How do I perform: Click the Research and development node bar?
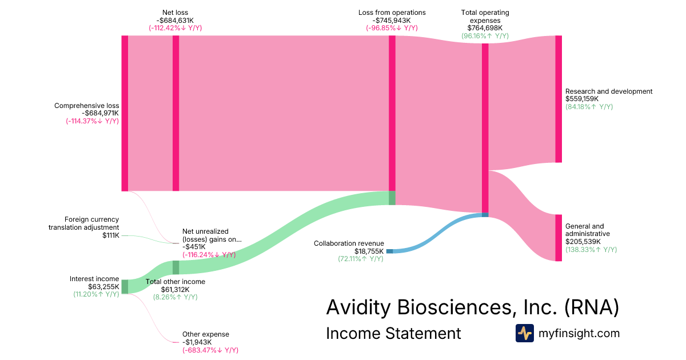pos(559,99)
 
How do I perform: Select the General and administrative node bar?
pos(559,238)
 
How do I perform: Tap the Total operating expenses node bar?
pos(485,128)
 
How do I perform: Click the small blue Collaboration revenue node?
pos(389,251)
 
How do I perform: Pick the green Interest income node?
pos(125,286)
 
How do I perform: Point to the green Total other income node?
pos(176,267)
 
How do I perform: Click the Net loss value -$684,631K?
pos(175,21)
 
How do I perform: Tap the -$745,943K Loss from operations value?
pos(392,21)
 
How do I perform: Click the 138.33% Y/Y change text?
pos(591,250)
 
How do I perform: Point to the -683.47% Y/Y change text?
pos(210,350)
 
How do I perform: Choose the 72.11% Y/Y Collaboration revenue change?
pos(360,259)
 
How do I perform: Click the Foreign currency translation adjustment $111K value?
pos(110,235)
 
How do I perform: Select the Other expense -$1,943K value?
pos(198,342)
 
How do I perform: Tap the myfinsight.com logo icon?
pos(524,333)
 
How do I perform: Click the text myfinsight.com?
pos(579,333)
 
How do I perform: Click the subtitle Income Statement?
pos(393,333)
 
